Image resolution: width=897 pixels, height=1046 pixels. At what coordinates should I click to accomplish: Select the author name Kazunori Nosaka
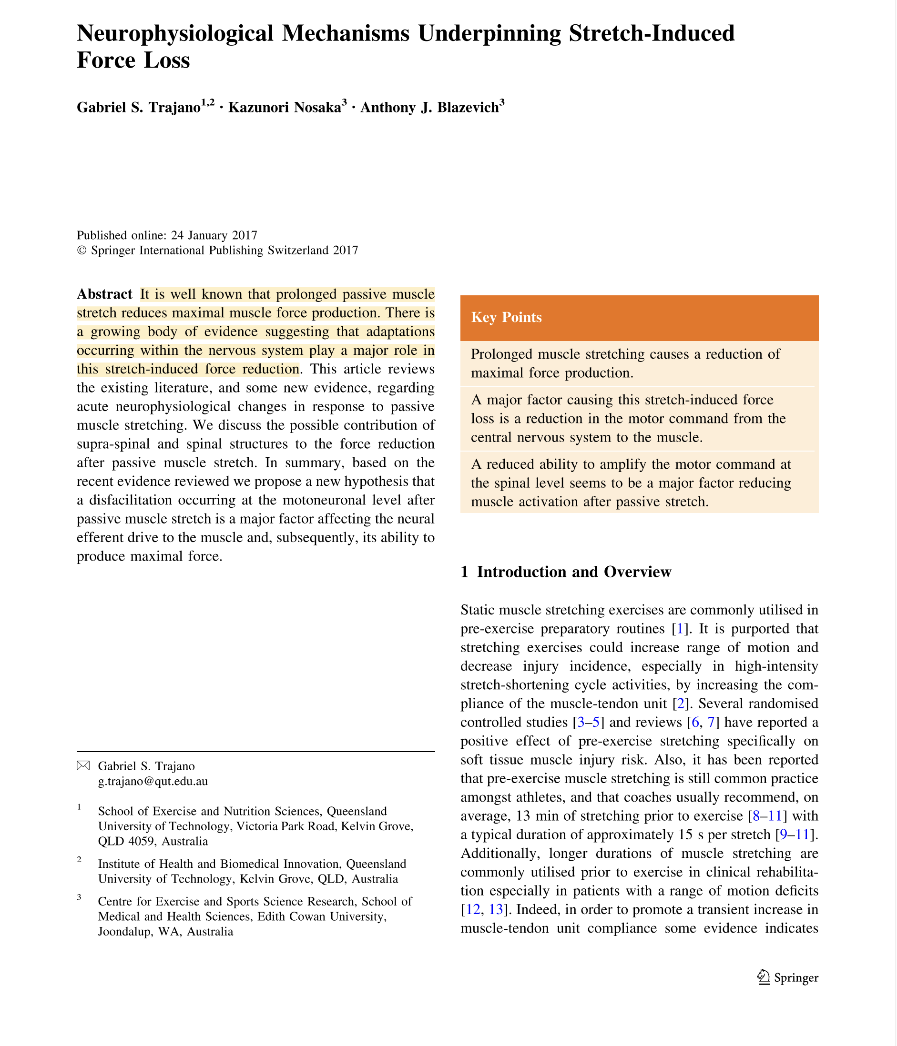coord(285,108)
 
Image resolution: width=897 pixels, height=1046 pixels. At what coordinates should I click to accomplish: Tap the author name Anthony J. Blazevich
coord(429,108)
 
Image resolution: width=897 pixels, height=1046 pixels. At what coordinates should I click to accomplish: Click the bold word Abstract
coord(104,294)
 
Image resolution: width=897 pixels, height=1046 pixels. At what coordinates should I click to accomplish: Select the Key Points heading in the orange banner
coord(506,318)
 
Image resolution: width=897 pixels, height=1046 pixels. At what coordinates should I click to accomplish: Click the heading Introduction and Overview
coord(574,572)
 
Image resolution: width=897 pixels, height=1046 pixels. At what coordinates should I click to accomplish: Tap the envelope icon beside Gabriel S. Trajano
coord(83,766)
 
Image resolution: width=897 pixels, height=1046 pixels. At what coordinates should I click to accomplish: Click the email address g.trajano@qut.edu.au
coord(153,781)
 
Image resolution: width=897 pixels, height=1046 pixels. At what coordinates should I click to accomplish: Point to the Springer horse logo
coord(763,977)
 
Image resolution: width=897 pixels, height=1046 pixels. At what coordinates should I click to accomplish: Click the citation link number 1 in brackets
coord(680,629)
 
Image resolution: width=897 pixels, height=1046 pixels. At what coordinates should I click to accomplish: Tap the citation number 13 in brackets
coord(496,910)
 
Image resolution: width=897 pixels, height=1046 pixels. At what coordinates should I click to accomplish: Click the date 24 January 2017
coord(214,235)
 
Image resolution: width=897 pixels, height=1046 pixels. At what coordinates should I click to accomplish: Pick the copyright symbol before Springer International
coord(82,251)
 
